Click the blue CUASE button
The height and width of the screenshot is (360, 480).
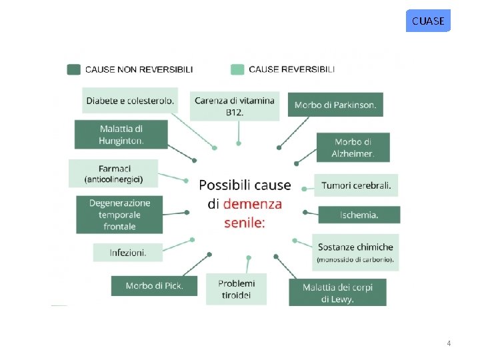(428, 21)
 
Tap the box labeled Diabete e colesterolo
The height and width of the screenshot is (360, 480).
(130, 101)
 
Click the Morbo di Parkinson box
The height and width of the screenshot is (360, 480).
(336, 105)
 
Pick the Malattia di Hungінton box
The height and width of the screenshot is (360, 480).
(121, 134)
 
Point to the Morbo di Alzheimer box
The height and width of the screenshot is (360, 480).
(353, 147)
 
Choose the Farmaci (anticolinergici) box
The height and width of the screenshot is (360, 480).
(113, 173)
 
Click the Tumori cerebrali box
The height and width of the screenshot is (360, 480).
(356, 185)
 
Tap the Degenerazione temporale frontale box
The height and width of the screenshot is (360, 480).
(119, 214)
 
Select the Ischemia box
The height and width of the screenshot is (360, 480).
(359, 215)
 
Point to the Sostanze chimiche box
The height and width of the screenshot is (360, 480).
(355, 252)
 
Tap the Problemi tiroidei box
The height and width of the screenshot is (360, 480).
(236, 289)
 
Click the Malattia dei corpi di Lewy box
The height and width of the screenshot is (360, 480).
(337, 293)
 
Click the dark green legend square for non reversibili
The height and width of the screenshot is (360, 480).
(74, 69)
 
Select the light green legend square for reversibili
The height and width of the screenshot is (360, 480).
(237, 69)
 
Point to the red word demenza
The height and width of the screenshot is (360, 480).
(252, 204)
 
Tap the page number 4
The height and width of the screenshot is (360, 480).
(449, 343)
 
